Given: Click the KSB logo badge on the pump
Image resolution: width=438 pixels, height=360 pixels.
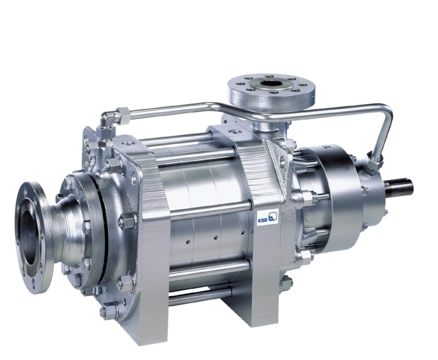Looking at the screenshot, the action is (268, 217).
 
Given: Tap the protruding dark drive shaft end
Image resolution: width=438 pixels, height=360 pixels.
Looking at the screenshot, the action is (400, 186).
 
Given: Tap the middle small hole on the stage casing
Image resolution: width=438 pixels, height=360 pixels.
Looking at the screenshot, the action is (216, 238).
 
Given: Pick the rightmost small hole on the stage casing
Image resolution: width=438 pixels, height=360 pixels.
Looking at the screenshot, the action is (243, 232).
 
